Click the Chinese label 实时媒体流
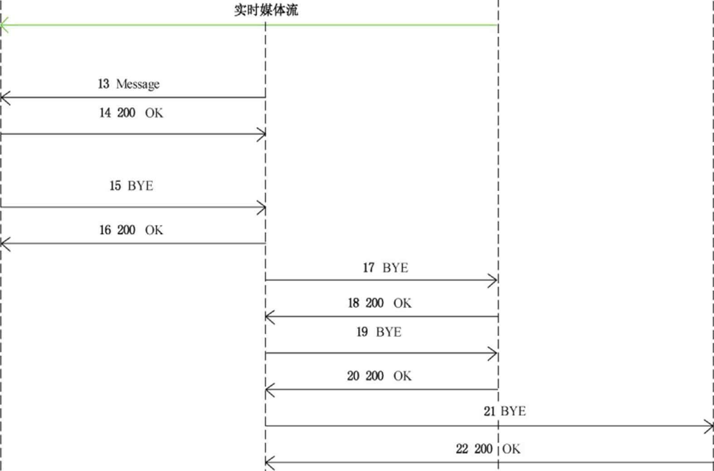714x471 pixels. point(266,10)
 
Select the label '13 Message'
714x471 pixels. point(128,84)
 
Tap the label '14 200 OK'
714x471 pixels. point(131,113)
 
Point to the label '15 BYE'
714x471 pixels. point(131,186)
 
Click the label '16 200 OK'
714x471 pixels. point(131,230)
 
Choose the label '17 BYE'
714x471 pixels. point(385,268)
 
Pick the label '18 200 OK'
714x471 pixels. point(379,303)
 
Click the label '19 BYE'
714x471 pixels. point(379,332)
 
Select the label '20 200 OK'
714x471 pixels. point(379,376)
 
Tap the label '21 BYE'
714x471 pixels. point(505,411)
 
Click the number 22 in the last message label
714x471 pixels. point(462,449)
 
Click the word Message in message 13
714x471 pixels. point(138,84)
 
